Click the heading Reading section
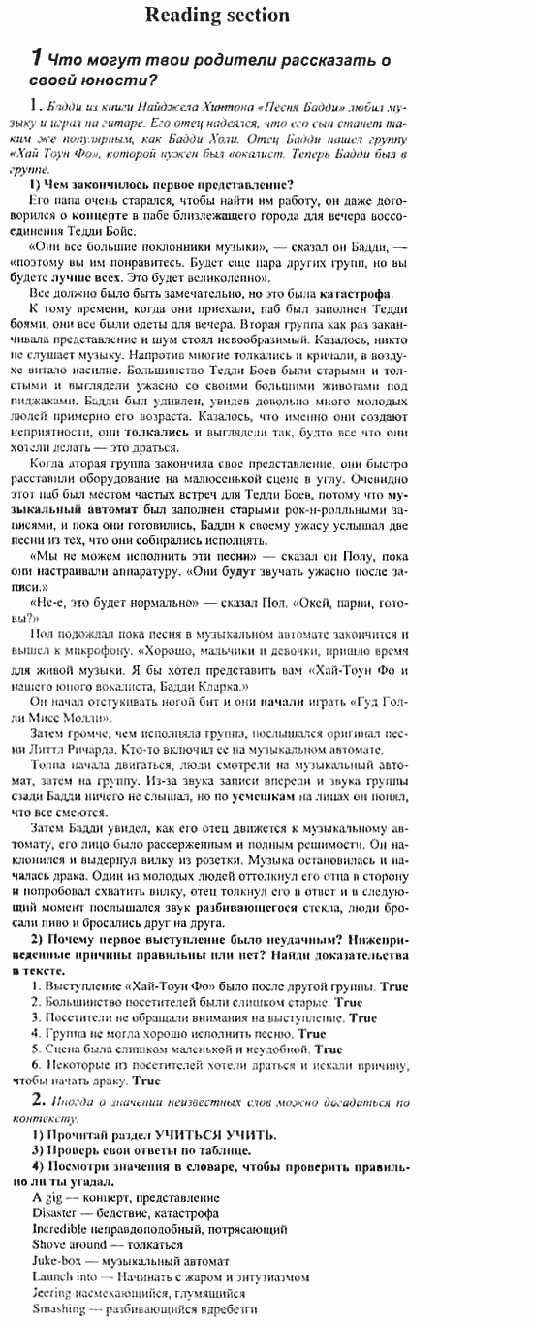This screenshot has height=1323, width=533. tap(216, 15)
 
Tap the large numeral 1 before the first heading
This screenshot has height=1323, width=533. tap(36, 58)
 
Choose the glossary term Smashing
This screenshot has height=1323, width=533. tap(59, 1307)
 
